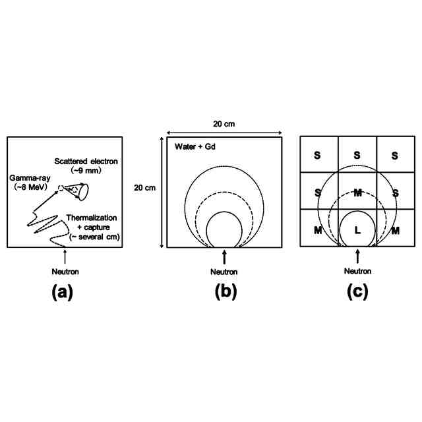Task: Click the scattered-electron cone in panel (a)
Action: click(x=78, y=191)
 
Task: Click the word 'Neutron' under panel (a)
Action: click(x=64, y=271)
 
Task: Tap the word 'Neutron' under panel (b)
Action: click(x=225, y=271)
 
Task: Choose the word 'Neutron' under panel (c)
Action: click(x=358, y=271)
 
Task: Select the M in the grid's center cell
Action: click(x=357, y=193)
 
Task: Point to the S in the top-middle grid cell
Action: click(x=357, y=156)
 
